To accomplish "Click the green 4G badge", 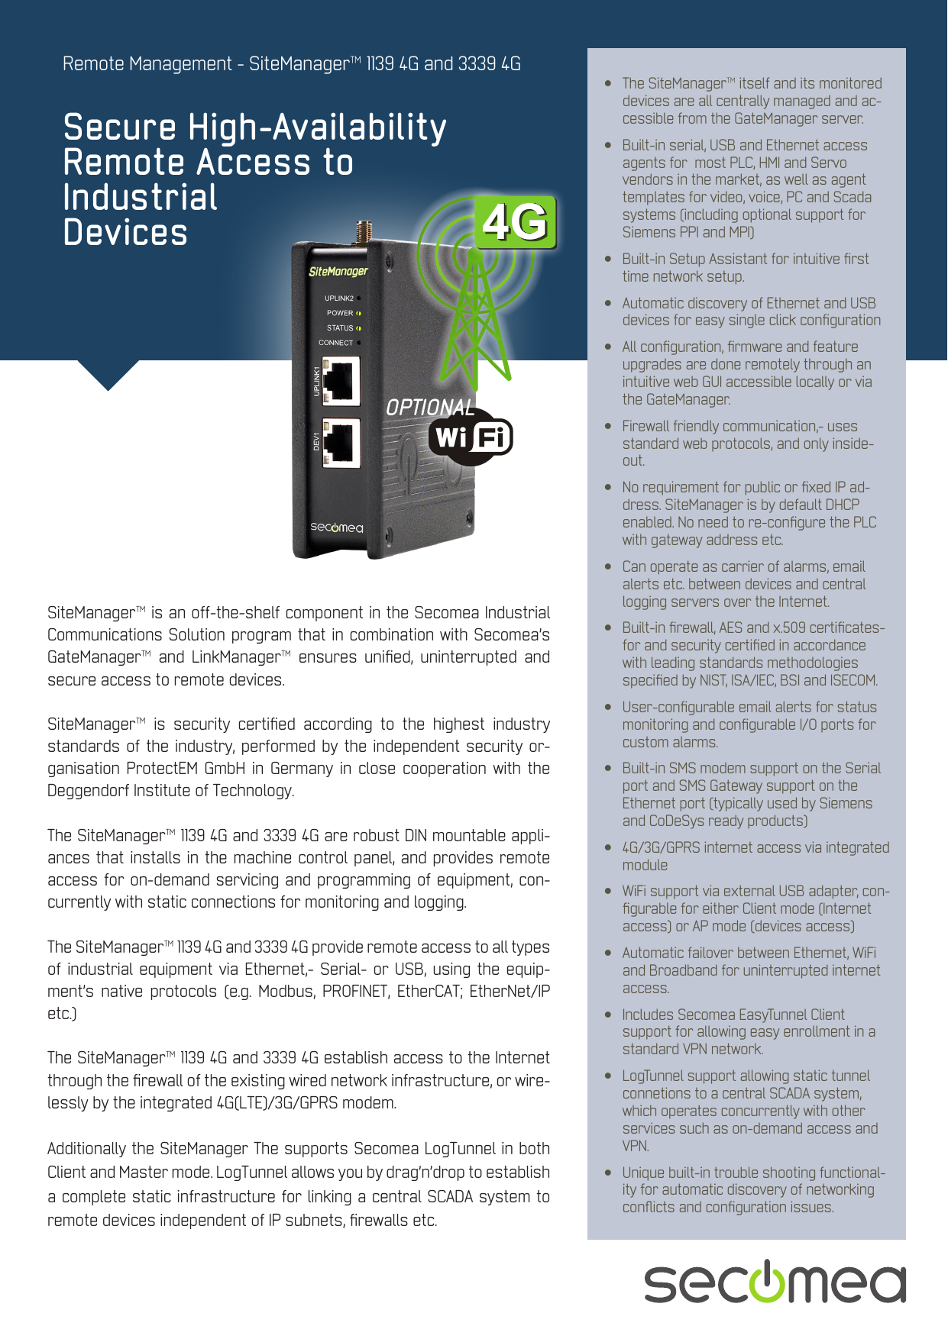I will pyautogui.click(x=516, y=222).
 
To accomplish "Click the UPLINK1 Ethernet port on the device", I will pyautogui.click(x=341, y=382).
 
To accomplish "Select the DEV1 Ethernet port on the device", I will pyautogui.click(x=341, y=443).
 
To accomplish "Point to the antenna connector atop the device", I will pyautogui.click(x=364, y=232).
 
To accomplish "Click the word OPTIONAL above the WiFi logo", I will pyautogui.click(x=429, y=408).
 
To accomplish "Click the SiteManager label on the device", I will pyautogui.click(x=338, y=271).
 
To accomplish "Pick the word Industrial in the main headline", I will pyautogui.click(x=141, y=198).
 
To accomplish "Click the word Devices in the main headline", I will pyautogui.click(x=125, y=233).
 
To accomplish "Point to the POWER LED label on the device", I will pyautogui.click(x=340, y=313).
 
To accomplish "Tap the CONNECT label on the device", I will pyautogui.click(x=336, y=343).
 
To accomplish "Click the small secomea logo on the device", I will pyautogui.click(x=336, y=528).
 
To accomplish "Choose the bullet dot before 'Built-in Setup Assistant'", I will pyautogui.click(x=608, y=260).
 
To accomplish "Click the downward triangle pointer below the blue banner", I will pyautogui.click(x=108, y=374).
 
